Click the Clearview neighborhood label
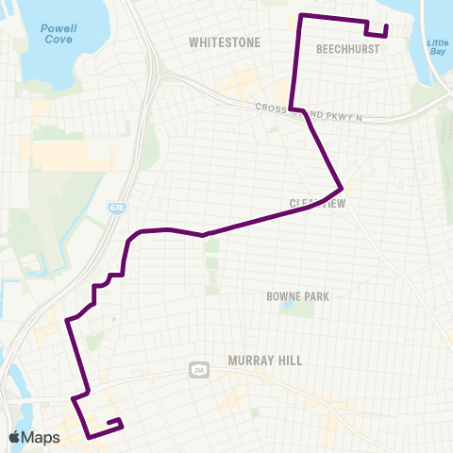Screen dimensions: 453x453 tap(318, 203)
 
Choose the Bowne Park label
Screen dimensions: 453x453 tap(297, 296)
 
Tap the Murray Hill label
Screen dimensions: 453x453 tap(263, 360)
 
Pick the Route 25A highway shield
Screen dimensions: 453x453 tap(198, 368)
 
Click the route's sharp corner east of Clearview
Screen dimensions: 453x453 tap(341, 185)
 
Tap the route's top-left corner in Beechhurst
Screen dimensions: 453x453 tap(300, 16)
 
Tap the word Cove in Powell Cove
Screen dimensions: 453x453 tap(59, 41)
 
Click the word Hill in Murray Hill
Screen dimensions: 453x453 tap(289, 360)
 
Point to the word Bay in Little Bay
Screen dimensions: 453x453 tap(437, 54)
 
